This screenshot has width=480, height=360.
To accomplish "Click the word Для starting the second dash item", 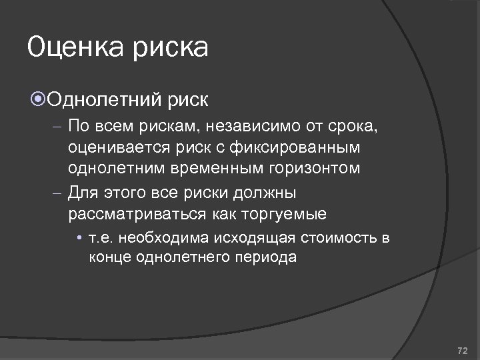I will (83, 193).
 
